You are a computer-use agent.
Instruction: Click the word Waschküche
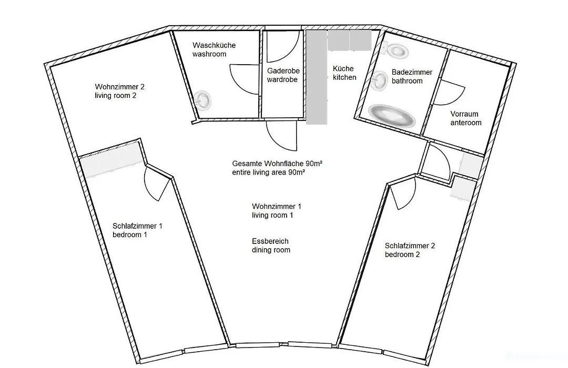(x=214, y=45)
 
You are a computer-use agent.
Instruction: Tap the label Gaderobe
(x=283, y=71)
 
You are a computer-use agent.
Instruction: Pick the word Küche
(x=343, y=69)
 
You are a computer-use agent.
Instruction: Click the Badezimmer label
(x=412, y=72)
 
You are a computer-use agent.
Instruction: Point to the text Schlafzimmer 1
(x=137, y=226)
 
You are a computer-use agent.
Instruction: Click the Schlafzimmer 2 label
(x=410, y=246)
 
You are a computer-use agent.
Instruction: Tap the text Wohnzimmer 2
(x=119, y=87)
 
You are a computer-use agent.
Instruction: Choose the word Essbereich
(x=270, y=241)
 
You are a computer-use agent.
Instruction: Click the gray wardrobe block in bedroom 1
(x=111, y=163)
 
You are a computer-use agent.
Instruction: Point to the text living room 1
(x=272, y=215)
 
